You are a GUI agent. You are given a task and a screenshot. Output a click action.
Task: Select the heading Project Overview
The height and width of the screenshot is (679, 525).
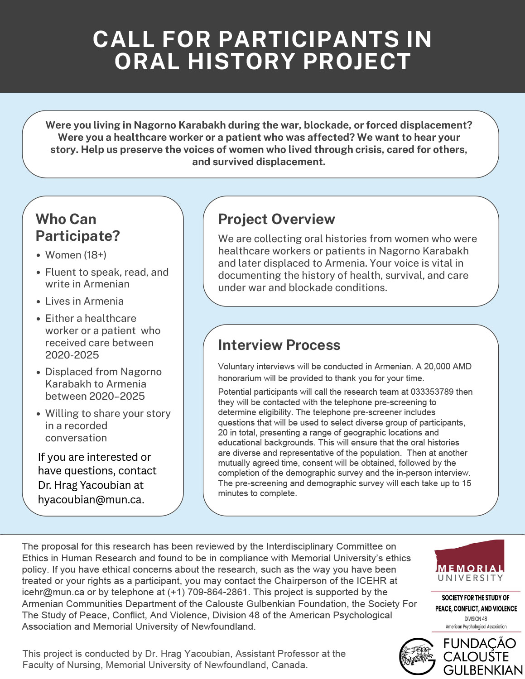(276, 219)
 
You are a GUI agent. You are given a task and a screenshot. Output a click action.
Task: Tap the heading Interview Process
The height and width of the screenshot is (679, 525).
(279, 345)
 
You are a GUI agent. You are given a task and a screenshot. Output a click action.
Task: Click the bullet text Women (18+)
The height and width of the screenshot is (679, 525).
(76, 255)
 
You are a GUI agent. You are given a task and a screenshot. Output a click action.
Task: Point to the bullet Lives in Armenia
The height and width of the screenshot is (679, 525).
(84, 301)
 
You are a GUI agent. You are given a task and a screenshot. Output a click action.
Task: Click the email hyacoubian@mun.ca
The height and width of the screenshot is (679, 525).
(91, 499)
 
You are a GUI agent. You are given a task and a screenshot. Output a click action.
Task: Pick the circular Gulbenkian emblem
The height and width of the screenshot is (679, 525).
(417, 657)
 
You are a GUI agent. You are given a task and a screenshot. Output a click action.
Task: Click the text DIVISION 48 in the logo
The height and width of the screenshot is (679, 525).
(476, 618)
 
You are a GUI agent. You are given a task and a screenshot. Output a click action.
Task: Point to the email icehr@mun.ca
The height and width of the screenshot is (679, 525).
(53, 592)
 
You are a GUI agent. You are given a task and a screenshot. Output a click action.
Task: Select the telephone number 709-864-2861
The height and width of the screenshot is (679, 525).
(215, 592)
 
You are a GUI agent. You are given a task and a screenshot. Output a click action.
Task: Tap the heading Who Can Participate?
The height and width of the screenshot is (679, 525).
(77, 227)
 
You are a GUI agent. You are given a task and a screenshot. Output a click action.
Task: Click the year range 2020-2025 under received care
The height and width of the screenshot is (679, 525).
(72, 355)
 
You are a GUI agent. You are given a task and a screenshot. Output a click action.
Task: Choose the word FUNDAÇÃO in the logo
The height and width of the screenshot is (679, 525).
(479, 644)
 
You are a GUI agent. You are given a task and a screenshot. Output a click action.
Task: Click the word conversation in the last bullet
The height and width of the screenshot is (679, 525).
(76, 438)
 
